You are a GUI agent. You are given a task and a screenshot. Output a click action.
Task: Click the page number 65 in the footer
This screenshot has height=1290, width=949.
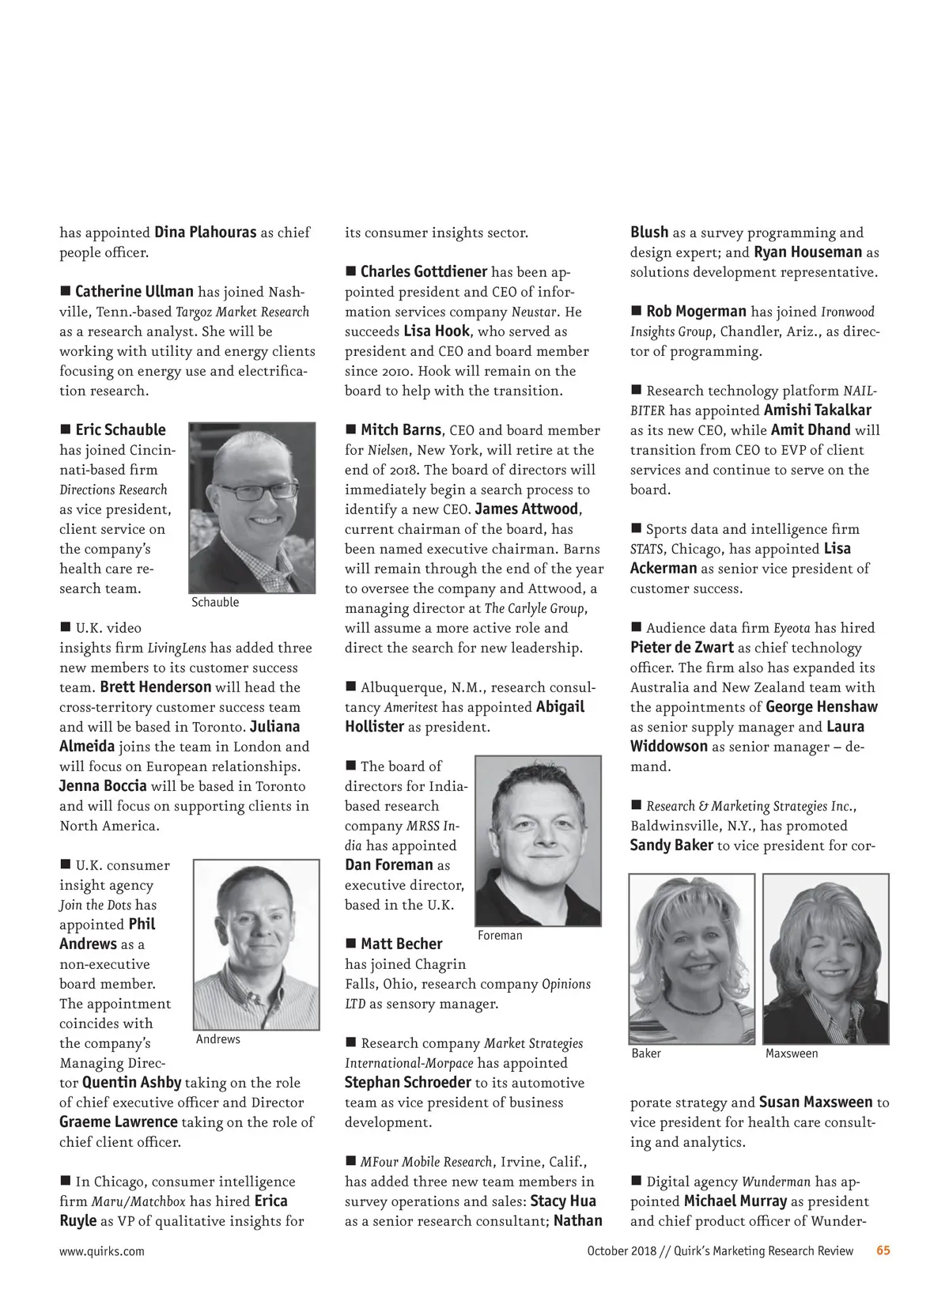pyautogui.click(x=883, y=1250)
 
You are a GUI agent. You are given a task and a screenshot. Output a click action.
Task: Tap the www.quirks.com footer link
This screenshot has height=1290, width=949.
pyautogui.click(x=102, y=1251)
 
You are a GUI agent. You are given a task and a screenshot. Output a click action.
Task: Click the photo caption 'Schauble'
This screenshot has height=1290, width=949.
pyautogui.click(x=215, y=603)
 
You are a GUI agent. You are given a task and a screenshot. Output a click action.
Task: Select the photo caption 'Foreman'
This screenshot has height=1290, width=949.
pyautogui.click(x=500, y=936)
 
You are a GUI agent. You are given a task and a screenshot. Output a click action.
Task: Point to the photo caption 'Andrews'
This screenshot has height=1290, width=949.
pyautogui.click(x=217, y=1039)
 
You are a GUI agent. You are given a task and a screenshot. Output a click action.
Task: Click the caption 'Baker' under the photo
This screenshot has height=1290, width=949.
pyautogui.click(x=646, y=1054)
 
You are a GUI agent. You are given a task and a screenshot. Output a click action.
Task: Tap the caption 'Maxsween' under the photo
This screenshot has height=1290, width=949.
pyautogui.click(x=792, y=1054)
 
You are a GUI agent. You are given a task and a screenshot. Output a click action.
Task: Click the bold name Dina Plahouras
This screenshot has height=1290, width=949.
pyautogui.click(x=205, y=233)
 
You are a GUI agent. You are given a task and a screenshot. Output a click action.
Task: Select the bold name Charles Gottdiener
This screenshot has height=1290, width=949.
pyautogui.click(x=424, y=272)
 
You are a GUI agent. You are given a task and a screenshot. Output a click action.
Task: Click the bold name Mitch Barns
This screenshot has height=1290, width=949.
pyautogui.click(x=401, y=430)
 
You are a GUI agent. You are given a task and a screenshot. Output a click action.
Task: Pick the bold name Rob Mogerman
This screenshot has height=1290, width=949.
pyautogui.click(x=696, y=312)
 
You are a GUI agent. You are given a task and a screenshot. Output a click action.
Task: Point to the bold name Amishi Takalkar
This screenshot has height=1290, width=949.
pyautogui.click(x=818, y=410)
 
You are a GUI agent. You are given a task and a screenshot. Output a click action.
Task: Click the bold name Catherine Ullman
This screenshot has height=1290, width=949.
pyautogui.click(x=134, y=292)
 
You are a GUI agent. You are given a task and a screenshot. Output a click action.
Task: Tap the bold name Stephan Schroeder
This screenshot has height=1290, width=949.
pyautogui.click(x=408, y=1083)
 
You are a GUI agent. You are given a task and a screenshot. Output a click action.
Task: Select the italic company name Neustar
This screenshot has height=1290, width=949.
pyautogui.click(x=534, y=312)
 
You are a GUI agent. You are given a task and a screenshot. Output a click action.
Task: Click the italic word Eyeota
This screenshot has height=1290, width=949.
pyautogui.click(x=792, y=628)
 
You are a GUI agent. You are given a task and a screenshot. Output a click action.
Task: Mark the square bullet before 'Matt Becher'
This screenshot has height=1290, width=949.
pyautogui.click(x=351, y=943)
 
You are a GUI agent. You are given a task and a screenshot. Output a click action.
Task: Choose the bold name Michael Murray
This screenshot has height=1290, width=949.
pyautogui.click(x=735, y=1201)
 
